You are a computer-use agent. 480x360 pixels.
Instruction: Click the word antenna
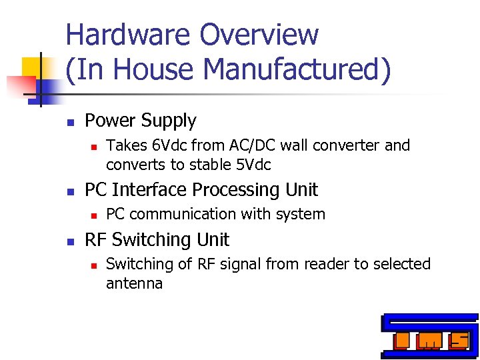pyautogui.click(x=134, y=283)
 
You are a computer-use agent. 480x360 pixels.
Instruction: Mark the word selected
pyautogui.click(x=401, y=264)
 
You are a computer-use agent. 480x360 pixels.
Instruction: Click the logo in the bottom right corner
pyautogui.click(x=429, y=336)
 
